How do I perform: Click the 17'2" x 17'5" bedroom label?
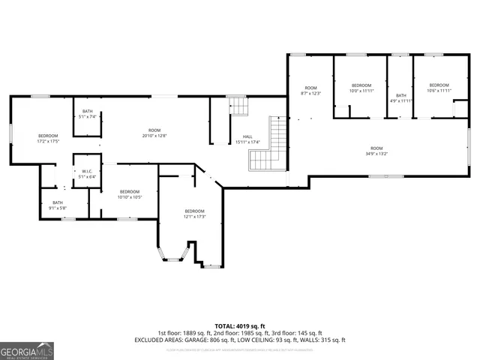point(49,138)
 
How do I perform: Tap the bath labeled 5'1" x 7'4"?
point(88,114)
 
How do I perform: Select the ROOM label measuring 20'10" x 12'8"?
point(154,133)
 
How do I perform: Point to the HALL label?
point(247,139)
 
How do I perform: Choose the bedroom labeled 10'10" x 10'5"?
point(130,194)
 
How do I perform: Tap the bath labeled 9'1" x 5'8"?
point(58,205)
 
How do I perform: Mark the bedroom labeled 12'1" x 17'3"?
point(194,214)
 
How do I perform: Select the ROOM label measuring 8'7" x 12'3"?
point(310,91)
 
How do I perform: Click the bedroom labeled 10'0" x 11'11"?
point(362,88)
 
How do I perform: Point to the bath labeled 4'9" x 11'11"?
point(402,97)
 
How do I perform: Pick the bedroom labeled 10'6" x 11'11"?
point(439,88)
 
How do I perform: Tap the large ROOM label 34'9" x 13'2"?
point(376,151)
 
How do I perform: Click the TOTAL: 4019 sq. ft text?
point(240,325)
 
